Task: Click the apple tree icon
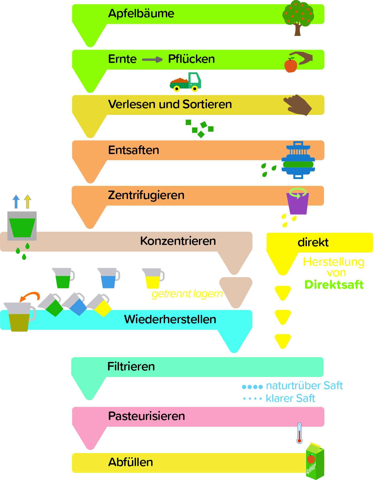tap(298, 17)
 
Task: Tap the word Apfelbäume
tap(141, 13)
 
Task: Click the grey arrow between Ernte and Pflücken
tap(152, 59)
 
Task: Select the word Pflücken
tap(191, 59)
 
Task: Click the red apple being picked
tap(290, 65)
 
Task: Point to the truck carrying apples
tap(186, 82)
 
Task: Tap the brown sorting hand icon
tap(298, 105)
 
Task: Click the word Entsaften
tap(134, 150)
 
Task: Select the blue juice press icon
tap(298, 160)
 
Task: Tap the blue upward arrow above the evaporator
tap(16, 201)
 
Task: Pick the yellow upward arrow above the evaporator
tap(27, 201)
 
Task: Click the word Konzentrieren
tap(178, 241)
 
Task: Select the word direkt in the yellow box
tap(313, 242)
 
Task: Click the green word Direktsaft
tap(334, 285)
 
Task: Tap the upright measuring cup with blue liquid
tap(109, 278)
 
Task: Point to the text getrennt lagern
tap(187, 294)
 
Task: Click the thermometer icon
tap(299, 433)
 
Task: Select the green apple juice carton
tap(315, 461)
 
